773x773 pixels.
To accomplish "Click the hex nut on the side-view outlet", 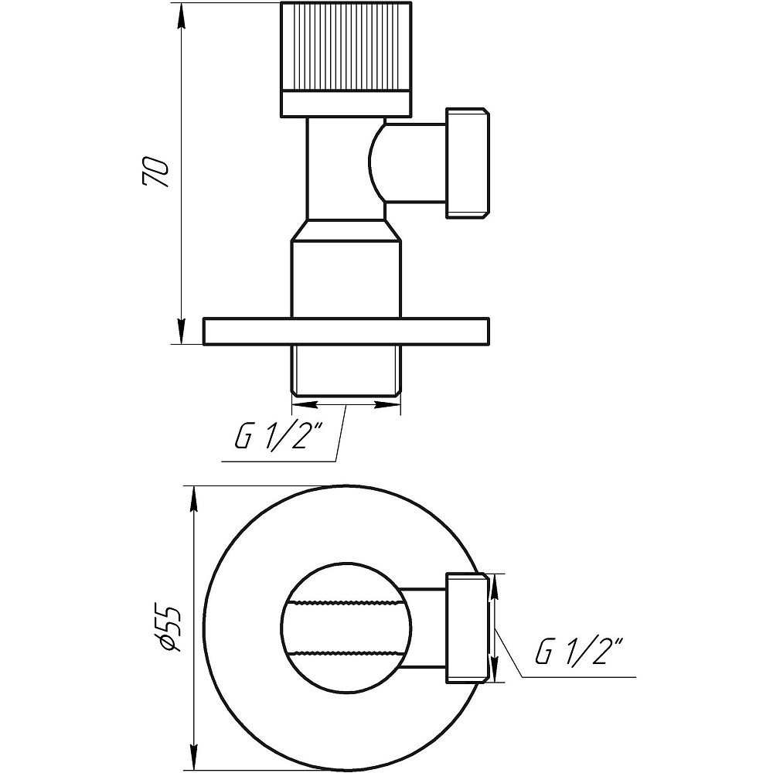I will (467, 163).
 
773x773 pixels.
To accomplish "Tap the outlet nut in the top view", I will (467, 627).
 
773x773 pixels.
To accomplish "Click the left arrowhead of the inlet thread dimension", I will (301, 403).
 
